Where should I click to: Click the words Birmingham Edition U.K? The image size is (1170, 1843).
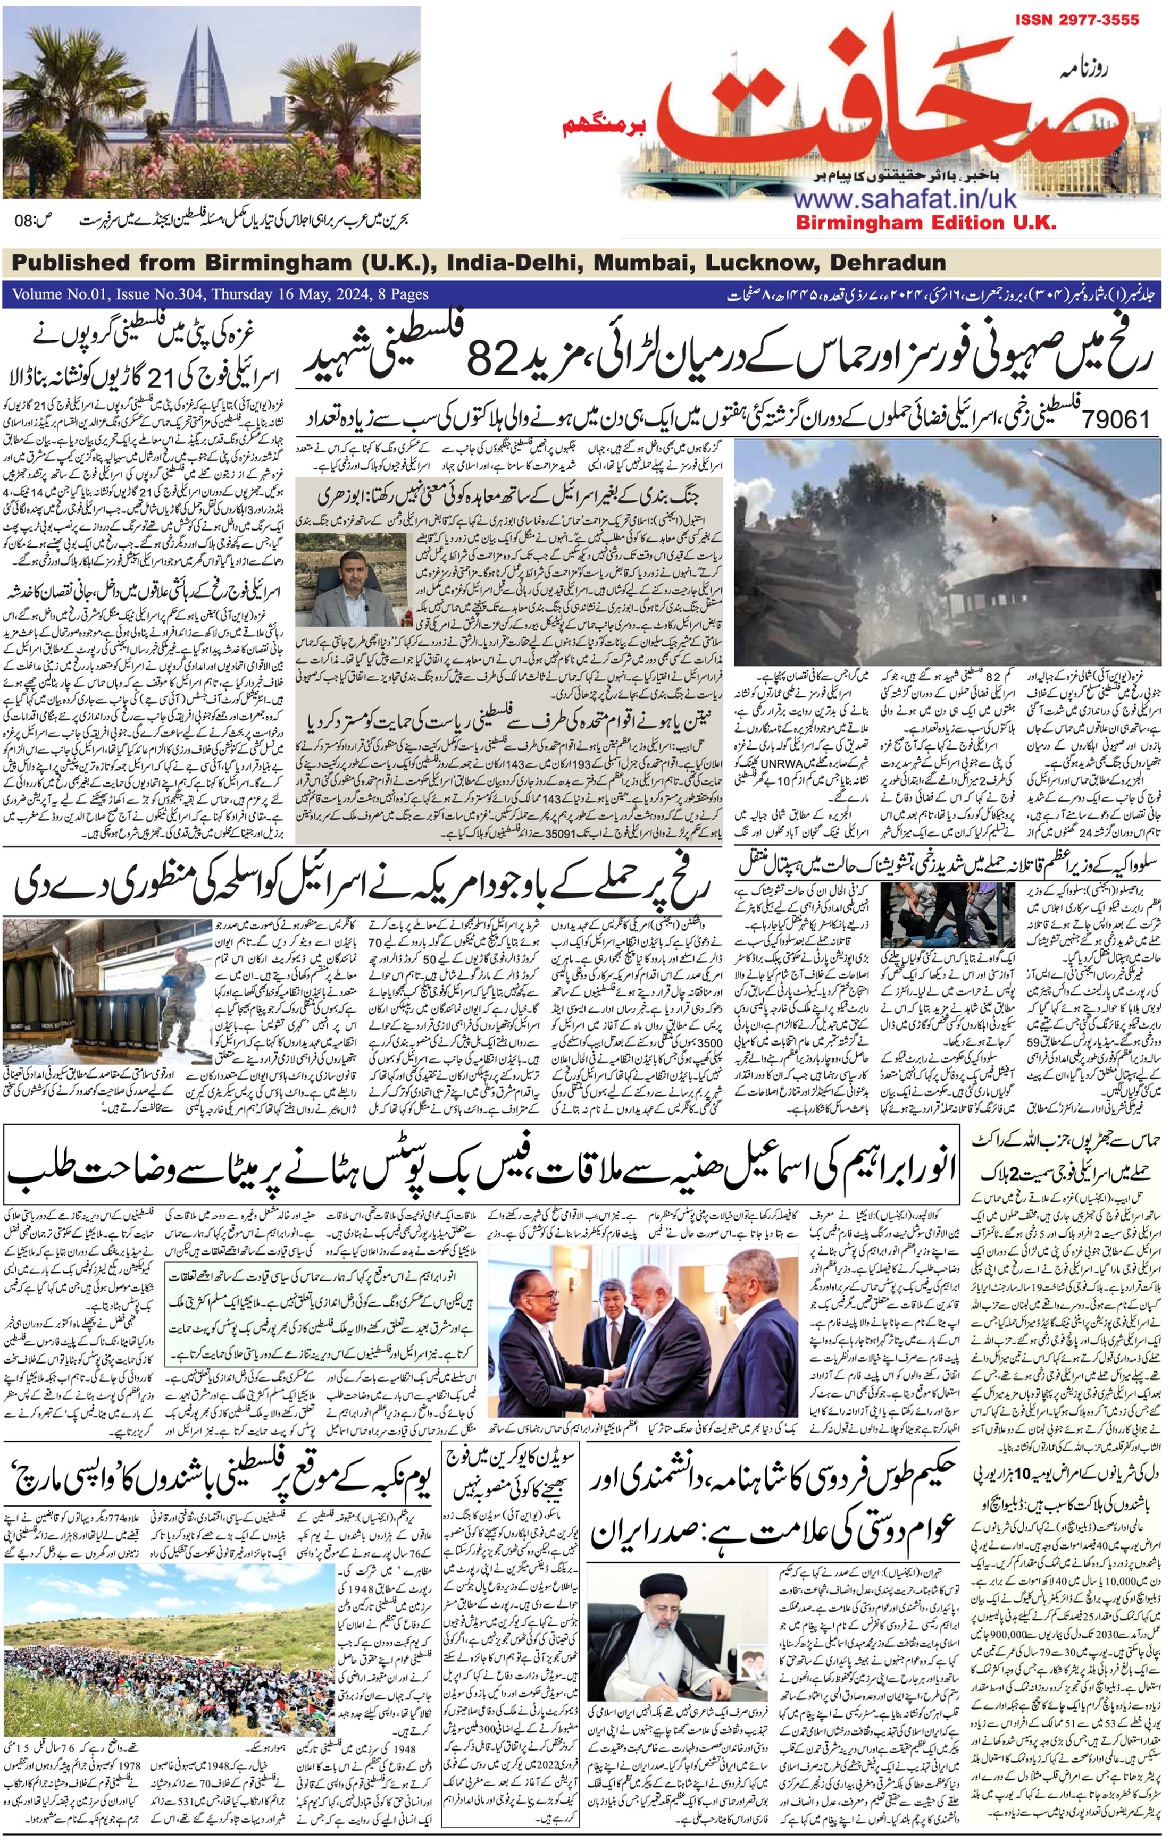(926, 223)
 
